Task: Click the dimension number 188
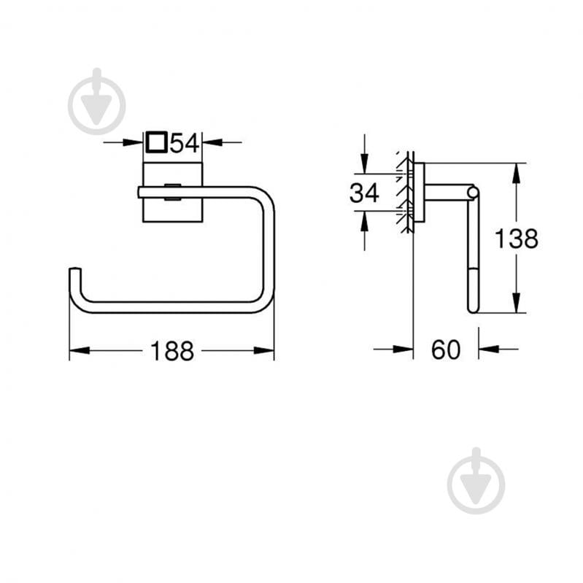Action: click(x=172, y=351)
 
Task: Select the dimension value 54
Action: click(x=185, y=142)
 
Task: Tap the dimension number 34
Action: click(x=364, y=193)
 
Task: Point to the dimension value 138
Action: click(x=516, y=238)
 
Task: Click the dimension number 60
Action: click(x=446, y=350)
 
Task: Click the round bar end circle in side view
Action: click(x=474, y=193)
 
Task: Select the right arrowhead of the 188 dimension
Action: click(x=265, y=351)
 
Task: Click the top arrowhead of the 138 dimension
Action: click(x=516, y=172)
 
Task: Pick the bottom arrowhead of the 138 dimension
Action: click(x=516, y=303)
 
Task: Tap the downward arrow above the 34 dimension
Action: click(x=364, y=165)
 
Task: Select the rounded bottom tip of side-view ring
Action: click(x=473, y=309)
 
